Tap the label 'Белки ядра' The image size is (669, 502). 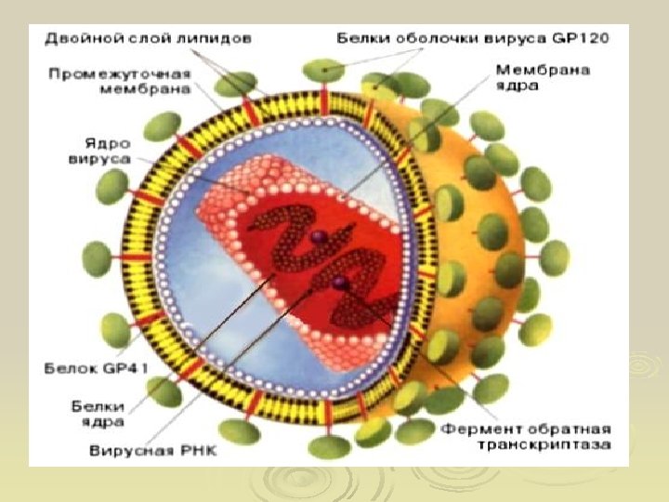click(98, 413)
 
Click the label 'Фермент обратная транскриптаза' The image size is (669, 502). click(526, 437)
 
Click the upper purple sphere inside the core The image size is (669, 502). click(317, 239)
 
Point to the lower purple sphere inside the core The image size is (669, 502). click(340, 281)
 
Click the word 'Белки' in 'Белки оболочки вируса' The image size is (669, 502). click(357, 40)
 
